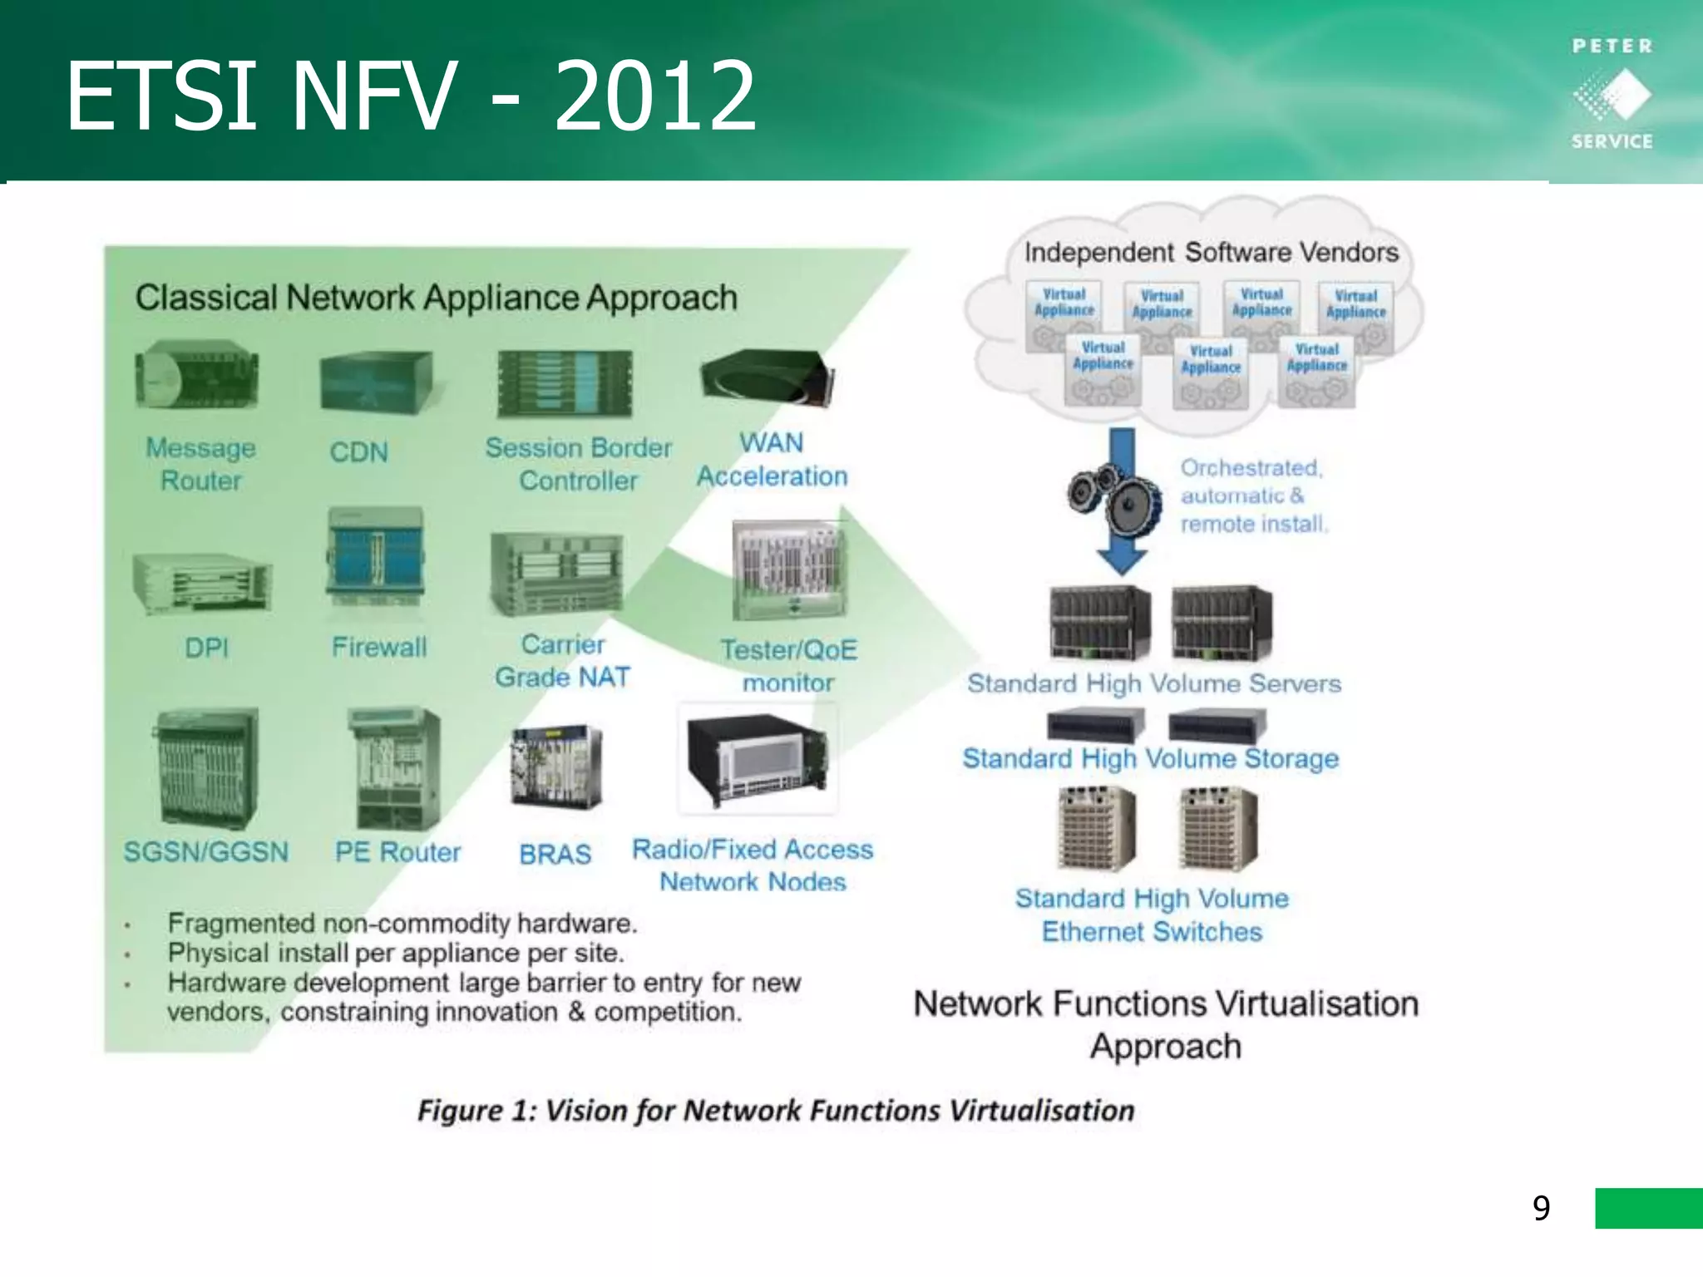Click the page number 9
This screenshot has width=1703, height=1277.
click(x=1541, y=1208)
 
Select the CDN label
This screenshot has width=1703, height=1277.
click(x=358, y=452)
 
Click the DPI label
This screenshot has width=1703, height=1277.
click(x=206, y=648)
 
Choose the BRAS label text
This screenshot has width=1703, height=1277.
click(x=555, y=854)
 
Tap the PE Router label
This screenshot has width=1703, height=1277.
click(x=397, y=852)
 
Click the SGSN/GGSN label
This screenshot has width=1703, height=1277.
click(x=206, y=852)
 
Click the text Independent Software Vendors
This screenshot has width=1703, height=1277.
click(x=1211, y=252)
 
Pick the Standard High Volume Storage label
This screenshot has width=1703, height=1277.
click(x=1151, y=758)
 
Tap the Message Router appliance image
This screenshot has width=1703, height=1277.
click(x=198, y=378)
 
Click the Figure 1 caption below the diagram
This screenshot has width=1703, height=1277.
click(x=776, y=1111)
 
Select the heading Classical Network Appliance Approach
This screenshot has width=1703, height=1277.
click(x=437, y=298)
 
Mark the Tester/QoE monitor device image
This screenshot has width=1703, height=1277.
click(x=788, y=569)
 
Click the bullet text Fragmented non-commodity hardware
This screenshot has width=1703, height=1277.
click(x=402, y=923)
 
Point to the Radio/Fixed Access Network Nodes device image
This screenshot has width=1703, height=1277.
click(x=758, y=759)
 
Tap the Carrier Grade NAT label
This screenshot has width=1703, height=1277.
click(x=563, y=661)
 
